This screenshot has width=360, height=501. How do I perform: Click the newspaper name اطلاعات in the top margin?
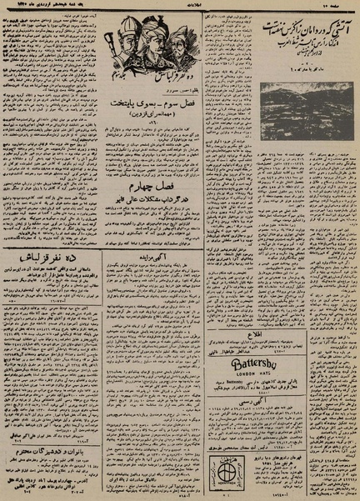(178, 7)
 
